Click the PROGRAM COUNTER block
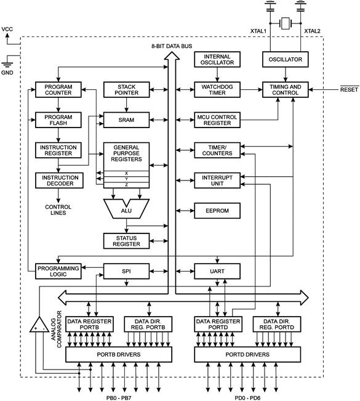pos(58,89)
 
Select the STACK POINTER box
pos(127,89)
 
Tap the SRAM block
pos(127,119)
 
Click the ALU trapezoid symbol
pos(127,209)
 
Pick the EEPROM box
pos(217,211)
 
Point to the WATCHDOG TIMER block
pos(217,89)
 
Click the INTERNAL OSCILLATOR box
pos(217,59)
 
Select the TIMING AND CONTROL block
pos(286,89)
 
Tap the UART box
pos(217,271)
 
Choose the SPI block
pos(127,271)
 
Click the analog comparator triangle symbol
pos(39,325)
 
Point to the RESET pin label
pos(349,89)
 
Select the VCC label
pos(7,29)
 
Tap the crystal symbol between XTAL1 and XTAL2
pos(286,23)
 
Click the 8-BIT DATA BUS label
pos(172,46)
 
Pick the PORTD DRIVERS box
pos(247,354)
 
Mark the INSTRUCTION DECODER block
pos(59,180)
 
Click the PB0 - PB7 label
pos(119,398)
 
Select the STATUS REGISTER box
pos(127,241)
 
